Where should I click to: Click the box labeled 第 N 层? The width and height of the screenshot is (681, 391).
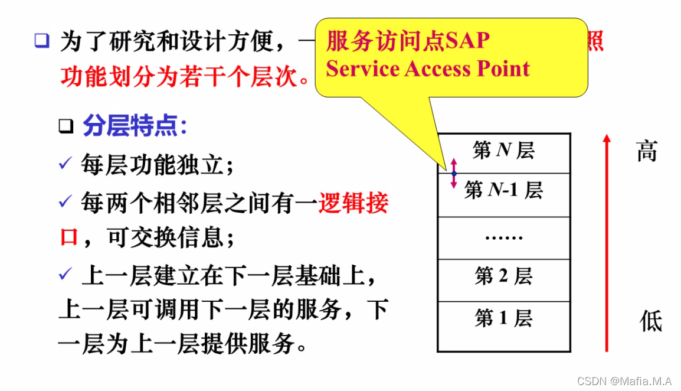(x=503, y=152)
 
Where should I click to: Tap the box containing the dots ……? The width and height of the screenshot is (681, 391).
(x=503, y=237)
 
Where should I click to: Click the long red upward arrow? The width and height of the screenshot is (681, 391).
(x=606, y=242)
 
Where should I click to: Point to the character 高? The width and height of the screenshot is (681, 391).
(x=647, y=151)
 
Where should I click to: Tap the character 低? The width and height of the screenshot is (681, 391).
(x=651, y=321)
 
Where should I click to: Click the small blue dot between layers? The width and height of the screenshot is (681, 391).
(x=454, y=173)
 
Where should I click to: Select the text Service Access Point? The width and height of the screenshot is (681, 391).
(x=428, y=69)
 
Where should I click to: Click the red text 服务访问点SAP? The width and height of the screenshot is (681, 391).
(x=408, y=41)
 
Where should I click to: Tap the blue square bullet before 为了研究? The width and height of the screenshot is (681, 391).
(x=41, y=41)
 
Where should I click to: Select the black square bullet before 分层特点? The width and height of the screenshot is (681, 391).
(x=66, y=126)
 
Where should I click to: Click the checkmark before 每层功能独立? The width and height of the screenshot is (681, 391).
(x=65, y=163)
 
